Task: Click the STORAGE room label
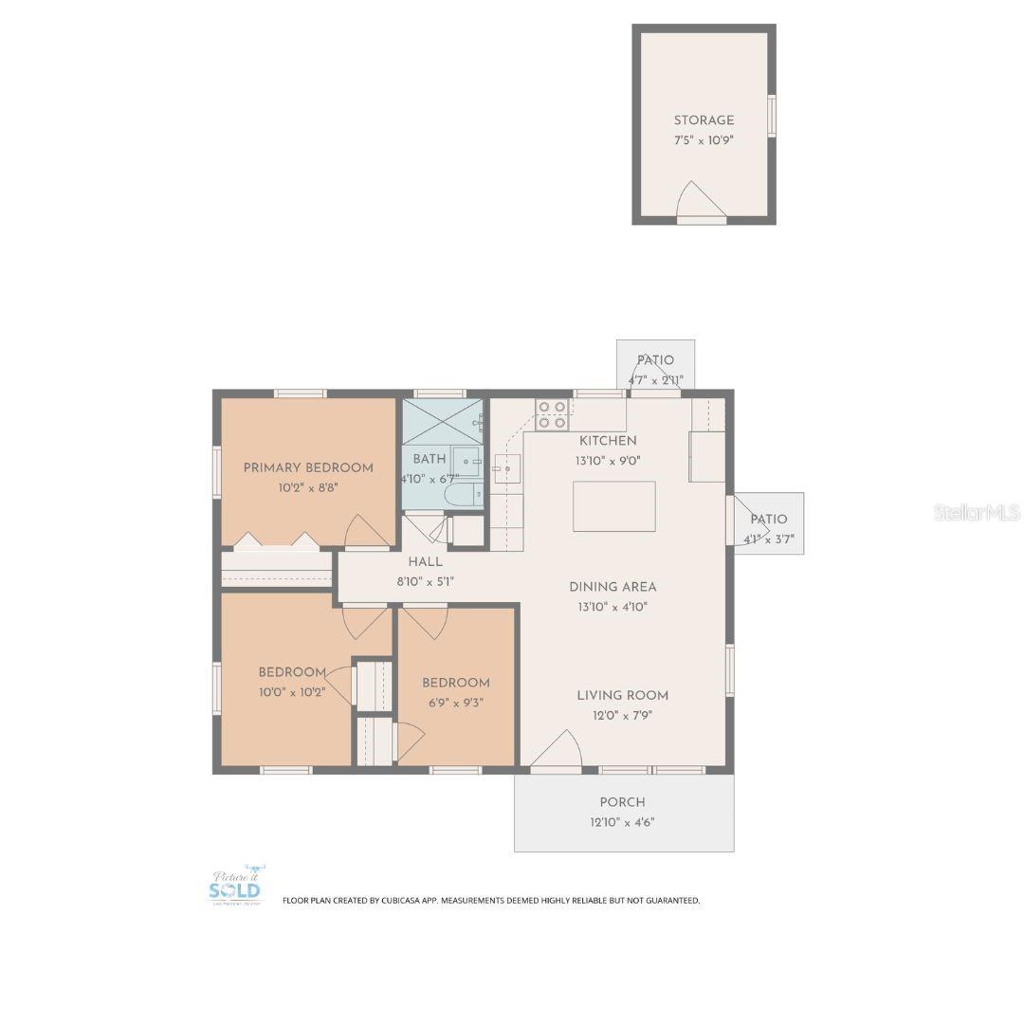704,120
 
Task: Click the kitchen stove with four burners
552,414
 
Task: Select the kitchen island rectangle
613,506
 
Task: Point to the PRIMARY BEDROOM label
308,467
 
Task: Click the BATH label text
429,459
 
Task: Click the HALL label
425,562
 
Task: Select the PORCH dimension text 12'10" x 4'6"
622,822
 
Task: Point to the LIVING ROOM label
622,695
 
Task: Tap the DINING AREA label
613,587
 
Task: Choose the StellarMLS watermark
976,513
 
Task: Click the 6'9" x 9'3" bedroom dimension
456,703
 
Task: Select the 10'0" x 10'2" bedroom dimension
292,692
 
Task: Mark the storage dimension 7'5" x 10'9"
704,139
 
